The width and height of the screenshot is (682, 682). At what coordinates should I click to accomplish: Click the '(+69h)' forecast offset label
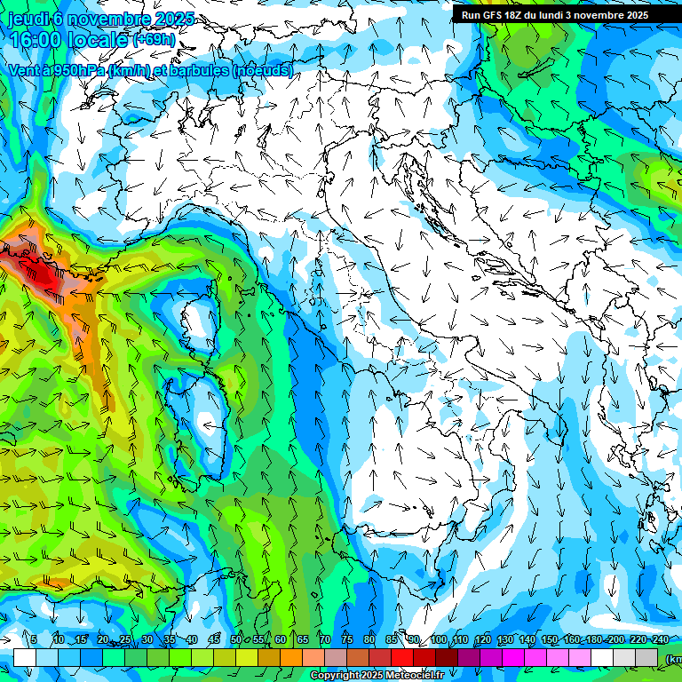(154, 40)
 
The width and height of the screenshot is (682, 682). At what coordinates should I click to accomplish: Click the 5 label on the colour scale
(34, 640)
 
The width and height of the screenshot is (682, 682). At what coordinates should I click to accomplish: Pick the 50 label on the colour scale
(236, 640)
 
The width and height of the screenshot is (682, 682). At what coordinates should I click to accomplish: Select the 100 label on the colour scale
(438, 640)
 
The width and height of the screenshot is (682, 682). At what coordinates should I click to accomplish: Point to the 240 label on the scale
(660, 640)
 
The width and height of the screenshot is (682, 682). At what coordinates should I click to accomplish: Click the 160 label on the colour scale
(571, 640)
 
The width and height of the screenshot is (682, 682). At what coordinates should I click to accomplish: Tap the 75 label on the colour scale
(347, 640)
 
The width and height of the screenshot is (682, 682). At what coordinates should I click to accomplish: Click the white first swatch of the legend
(25, 657)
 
